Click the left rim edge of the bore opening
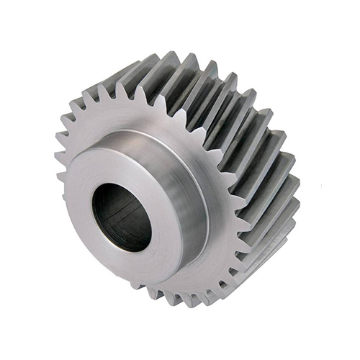tap(92, 212)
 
